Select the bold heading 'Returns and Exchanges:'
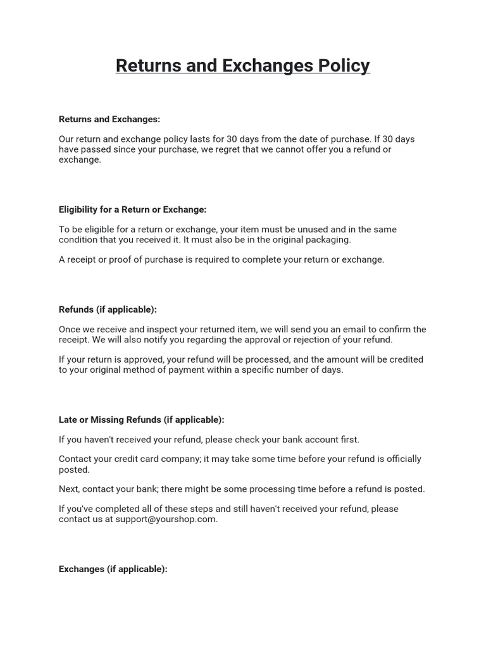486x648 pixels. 109,119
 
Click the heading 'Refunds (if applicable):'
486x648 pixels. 108,309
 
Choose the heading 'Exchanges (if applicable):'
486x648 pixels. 113,569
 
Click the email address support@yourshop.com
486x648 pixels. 166,519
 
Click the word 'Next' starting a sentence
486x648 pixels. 69,489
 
